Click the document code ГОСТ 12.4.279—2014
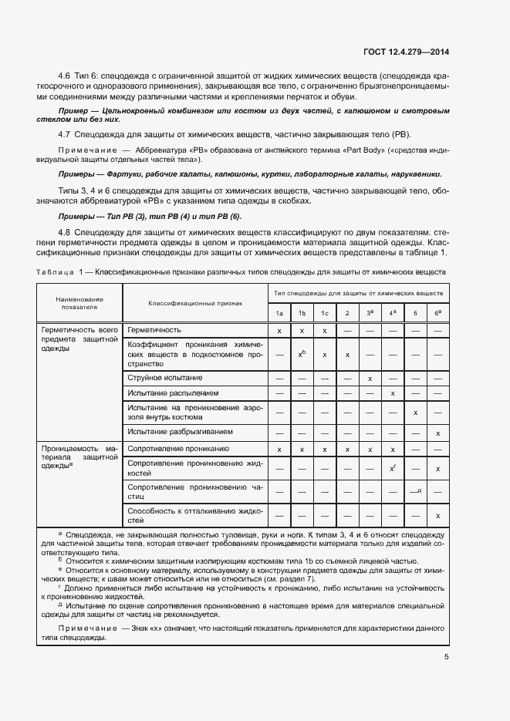[x=406, y=52]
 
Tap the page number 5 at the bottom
[x=447, y=657]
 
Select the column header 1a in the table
[x=279, y=312]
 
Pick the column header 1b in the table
[x=302, y=312]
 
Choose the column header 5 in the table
[x=415, y=312]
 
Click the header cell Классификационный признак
[x=195, y=303]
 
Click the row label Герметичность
[x=154, y=330]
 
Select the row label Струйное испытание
[x=165, y=378]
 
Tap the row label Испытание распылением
[x=173, y=393]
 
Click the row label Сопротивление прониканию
[x=177, y=449]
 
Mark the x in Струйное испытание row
[x=370, y=378]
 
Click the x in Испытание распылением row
[x=393, y=393]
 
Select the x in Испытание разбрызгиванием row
[x=438, y=433]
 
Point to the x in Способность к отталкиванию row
[x=438, y=515]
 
